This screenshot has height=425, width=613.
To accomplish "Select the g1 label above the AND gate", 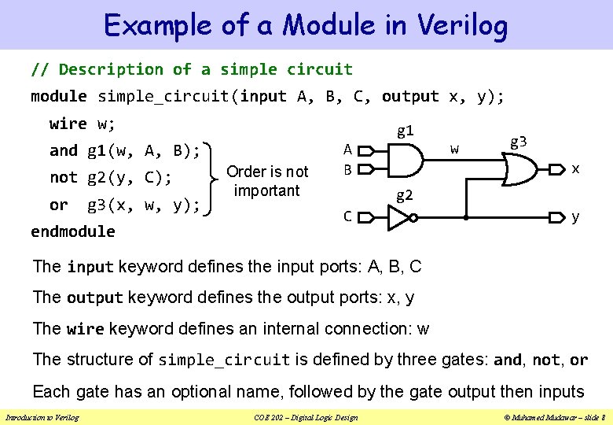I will click(406, 131).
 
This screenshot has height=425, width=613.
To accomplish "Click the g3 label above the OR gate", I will click(519, 142).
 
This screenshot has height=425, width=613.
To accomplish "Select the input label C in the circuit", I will click(347, 216).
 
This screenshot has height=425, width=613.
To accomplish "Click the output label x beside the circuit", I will click(576, 168).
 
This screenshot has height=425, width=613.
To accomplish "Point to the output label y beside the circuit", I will click(576, 216).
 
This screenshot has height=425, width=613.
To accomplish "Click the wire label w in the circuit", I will click(454, 148).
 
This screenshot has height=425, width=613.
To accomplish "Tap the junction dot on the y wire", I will click(466, 216).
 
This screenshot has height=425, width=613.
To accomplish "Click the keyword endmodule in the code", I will click(73, 231).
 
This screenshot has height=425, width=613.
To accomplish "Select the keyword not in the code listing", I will click(64, 178).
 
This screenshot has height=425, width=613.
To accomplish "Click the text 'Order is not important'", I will click(267, 181).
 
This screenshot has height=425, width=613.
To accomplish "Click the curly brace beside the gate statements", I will click(212, 178).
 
